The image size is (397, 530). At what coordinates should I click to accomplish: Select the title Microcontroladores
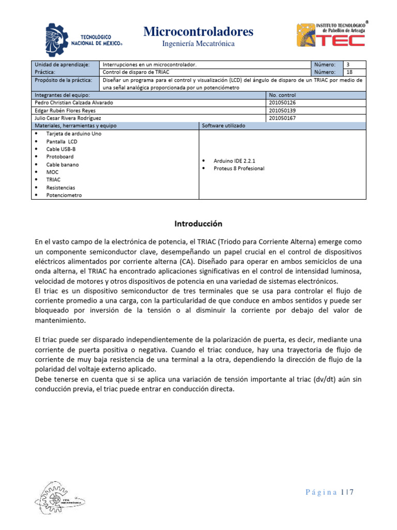click(x=198, y=32)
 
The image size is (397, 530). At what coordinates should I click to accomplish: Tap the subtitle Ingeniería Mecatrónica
click(x=198, y=44)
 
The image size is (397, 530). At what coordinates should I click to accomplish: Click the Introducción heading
click(x=198, y=224)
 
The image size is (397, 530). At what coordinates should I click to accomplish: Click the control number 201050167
click(x=282, y=118)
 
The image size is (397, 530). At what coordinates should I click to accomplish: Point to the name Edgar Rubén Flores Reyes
click(x=65, y=110)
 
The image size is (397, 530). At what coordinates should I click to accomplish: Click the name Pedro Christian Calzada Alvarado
click(x=73, y=102)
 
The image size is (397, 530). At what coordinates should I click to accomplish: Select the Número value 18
click(x=349, y=72)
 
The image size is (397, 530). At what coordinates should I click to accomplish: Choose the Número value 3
click(x=348, y=65)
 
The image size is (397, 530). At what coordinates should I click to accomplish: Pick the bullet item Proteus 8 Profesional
click(x=239, y=169)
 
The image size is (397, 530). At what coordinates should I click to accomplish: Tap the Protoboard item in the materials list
click(x=60, y=156)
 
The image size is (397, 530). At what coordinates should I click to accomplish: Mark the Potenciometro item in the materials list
click(x=64, y=195)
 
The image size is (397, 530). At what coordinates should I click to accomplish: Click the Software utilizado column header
click(x=223, y=126)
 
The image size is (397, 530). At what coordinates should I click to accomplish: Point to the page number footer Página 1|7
click(x=330, y=493)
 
